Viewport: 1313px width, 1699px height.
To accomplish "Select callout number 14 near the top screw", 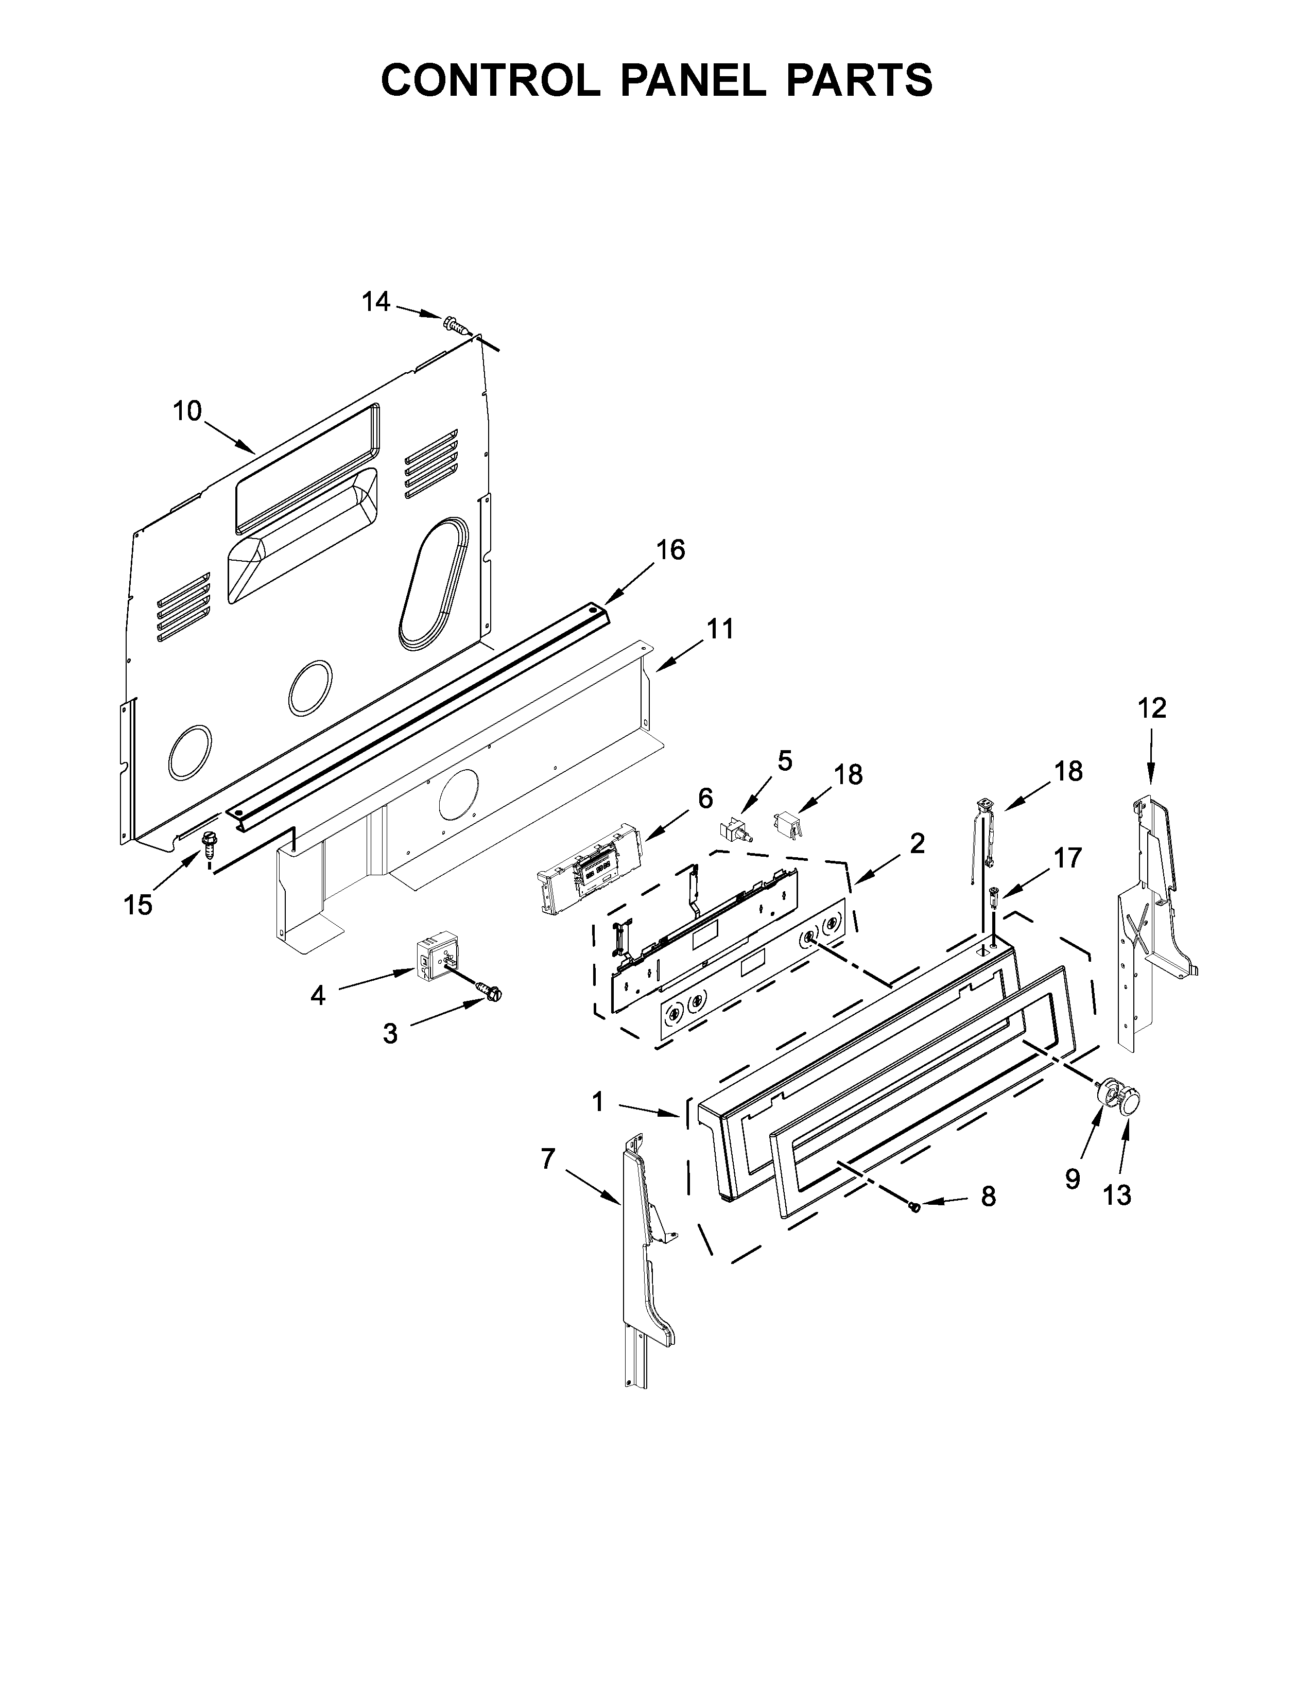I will pyautogui.click(x=376, y=302).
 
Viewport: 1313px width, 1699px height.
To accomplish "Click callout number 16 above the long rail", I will pyautogui.click(x=670, y=550).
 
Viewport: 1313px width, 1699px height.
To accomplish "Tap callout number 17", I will pyautogui.click(x=1068, y=858).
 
